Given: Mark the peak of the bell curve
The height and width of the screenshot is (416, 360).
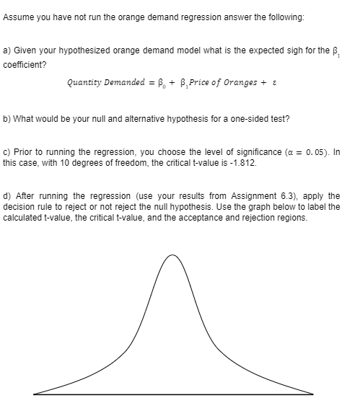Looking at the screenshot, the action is click(172, 255).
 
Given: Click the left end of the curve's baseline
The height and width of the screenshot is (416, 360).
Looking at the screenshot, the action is click(34, 394).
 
